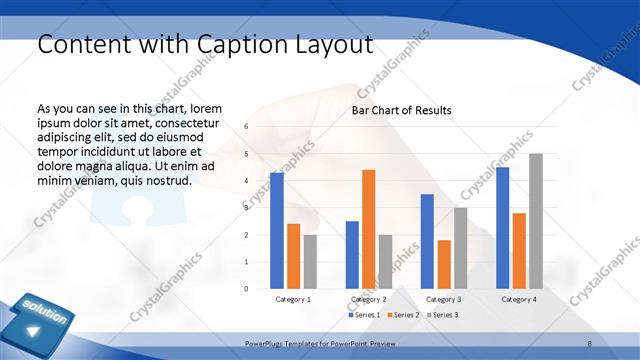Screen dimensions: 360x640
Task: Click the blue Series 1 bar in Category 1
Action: click(277, 231)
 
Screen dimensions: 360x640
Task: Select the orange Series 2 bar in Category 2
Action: click(368, 229)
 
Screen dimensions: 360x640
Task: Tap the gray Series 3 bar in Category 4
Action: click(536, 221)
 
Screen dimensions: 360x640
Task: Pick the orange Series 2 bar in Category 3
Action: click(444, 264)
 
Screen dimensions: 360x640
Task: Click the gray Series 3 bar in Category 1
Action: click(310, 262)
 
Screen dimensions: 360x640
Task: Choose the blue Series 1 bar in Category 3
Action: click(427, 241)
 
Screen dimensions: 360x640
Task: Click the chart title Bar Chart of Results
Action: click(401, 110)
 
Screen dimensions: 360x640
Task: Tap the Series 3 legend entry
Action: click(442, 315)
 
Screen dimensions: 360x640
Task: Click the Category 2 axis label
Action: click(368, 299)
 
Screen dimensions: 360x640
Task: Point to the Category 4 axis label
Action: click(518, 299)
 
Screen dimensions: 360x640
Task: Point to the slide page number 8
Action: click(590, 343)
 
